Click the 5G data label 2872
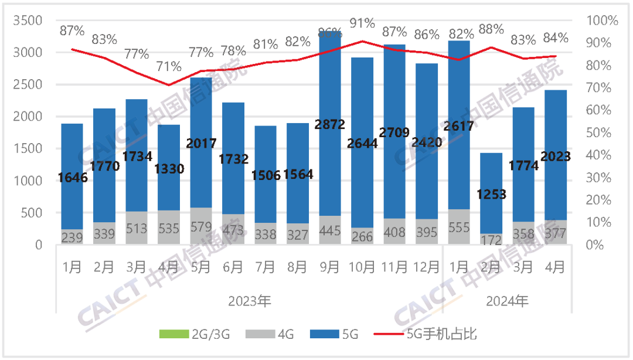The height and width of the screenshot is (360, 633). (329, 124)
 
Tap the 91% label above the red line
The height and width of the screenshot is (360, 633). (362, 23)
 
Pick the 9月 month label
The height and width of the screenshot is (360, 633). (329, 267)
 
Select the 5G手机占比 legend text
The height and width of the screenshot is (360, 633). (441, 334)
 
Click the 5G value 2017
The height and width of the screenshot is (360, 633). (201, 143)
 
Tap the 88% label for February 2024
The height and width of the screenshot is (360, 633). (491, 29)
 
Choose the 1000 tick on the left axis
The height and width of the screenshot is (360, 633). (31, 181)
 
